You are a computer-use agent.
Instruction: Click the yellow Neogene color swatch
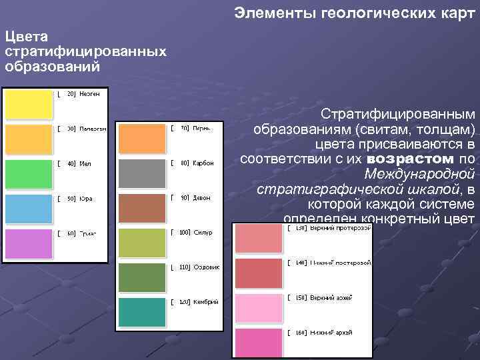(28, 104)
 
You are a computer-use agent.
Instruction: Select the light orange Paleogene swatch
(28, 139)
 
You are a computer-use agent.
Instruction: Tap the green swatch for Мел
(28, 173)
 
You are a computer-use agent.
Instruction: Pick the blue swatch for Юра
(28, 208)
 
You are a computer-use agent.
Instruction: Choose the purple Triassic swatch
(28, 243)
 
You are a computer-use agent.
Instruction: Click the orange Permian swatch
(141, 139)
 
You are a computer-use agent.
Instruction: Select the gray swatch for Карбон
(141, 173)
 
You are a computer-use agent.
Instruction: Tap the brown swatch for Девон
(141, 208)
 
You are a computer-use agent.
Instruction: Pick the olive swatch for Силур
(141, 243)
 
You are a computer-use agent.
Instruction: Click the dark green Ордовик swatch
(141, 277)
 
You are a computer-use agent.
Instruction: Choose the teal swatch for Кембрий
(141, 312)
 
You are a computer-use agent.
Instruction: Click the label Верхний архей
(331, 297)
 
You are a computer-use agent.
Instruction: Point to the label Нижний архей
(331, 332)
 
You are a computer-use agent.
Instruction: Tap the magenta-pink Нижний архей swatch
(257, 342)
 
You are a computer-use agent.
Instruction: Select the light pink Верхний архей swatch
(257, 307)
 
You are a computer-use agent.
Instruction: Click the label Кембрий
(206, 302)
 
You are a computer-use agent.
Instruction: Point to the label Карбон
(203, 163)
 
